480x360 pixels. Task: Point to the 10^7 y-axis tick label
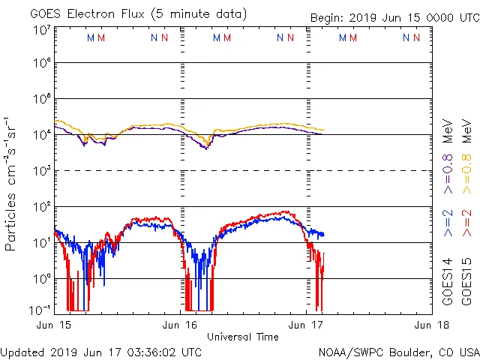[x=40, y=31]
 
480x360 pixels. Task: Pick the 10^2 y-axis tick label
[x=40, y=206]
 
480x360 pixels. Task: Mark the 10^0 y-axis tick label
[x=40, y=278]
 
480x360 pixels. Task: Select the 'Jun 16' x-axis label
[x=180, y=325]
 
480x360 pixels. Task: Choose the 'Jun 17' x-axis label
[x=306, y=325]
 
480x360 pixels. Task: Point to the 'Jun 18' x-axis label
[x=431, y=325]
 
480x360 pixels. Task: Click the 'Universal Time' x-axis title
[x=243, y=337]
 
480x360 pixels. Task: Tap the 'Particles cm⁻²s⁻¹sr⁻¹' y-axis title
[x=12, y=184]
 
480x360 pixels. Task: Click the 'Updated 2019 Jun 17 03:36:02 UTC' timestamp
[x=101, y=352]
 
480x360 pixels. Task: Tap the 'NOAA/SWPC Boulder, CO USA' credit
[x=398, y=352]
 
